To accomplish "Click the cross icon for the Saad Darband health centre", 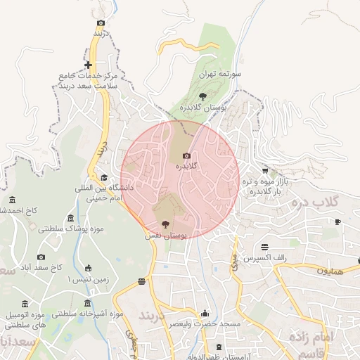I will click(x=88, y=46).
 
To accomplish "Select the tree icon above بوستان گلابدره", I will click(x=202, y=94).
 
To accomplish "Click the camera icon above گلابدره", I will click(x=186, y=156).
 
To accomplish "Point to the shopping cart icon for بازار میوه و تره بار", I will click(x=265, y=170).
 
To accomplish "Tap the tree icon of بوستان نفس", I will click(x=165, y=224).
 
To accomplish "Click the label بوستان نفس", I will click(x=165, y=237).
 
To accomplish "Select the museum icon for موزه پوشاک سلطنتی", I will click(x=70, y=217).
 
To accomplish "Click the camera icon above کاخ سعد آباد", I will click(x=41, y=257).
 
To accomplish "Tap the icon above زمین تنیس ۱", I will click(x=88, y=268).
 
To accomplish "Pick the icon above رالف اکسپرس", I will click(x=264, y=247).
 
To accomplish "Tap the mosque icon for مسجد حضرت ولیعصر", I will click(x=205, y=313).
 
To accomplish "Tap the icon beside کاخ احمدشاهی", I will click(x=13, y=199).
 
